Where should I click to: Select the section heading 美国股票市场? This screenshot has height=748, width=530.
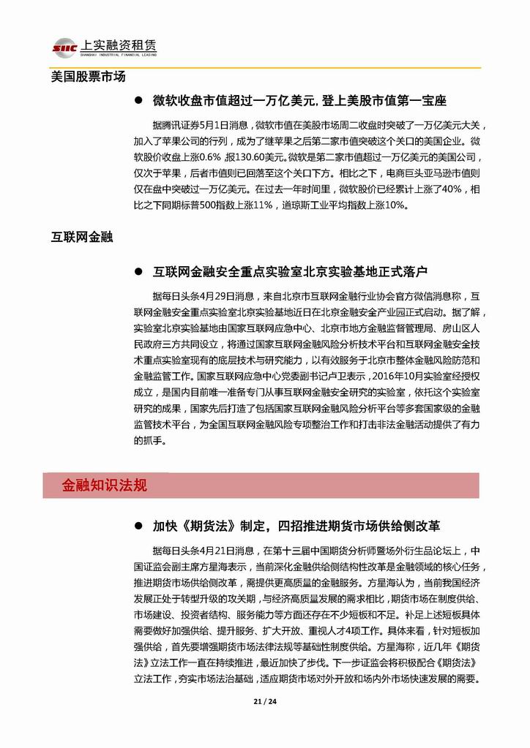88,76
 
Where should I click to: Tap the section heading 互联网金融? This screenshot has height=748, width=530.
81,237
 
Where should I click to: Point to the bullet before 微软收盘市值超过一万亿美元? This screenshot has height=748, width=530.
137,100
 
